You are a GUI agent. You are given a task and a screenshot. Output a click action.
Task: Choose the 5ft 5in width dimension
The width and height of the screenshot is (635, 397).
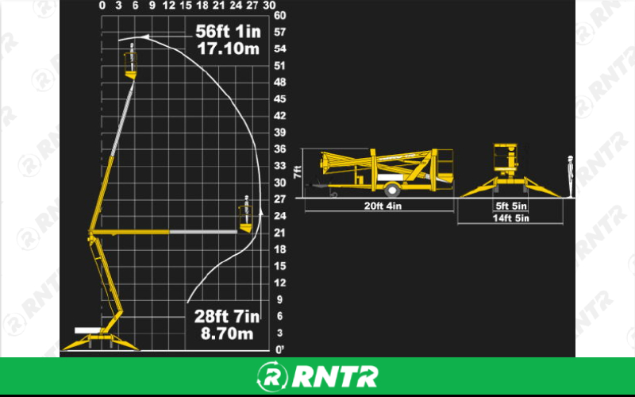511,206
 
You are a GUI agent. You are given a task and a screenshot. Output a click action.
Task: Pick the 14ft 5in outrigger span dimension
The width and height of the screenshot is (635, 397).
511,218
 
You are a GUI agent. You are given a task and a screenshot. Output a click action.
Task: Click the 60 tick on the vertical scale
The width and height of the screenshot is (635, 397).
279,15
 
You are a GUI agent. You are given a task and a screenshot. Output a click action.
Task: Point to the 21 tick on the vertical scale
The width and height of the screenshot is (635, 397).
279,232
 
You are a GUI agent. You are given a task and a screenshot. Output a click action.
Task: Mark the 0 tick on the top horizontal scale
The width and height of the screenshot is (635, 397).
102,5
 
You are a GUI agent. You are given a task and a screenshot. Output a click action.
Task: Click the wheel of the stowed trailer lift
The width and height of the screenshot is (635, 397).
391,190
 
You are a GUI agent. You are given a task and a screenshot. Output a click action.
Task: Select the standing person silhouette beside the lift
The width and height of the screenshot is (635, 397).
569,175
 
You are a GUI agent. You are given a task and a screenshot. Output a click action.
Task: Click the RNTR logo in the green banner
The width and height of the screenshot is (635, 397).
317,376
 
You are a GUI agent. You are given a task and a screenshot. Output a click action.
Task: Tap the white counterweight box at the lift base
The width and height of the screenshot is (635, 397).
87,330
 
